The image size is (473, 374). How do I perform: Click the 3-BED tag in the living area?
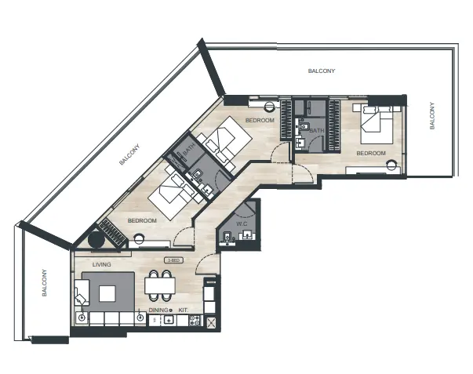coord(173,260)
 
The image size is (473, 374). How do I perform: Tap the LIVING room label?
coord(101,265)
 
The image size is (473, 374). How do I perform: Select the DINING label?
coord(158,310)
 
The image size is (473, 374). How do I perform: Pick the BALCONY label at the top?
coord(322,71)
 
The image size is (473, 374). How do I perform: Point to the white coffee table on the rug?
coord(107,293)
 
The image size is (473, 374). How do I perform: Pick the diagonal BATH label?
coord(188,147)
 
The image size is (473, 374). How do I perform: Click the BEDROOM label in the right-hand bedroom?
coord(371,153)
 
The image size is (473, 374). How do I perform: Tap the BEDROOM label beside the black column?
coord(143,221)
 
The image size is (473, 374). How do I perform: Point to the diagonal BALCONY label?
coord(129,154)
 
